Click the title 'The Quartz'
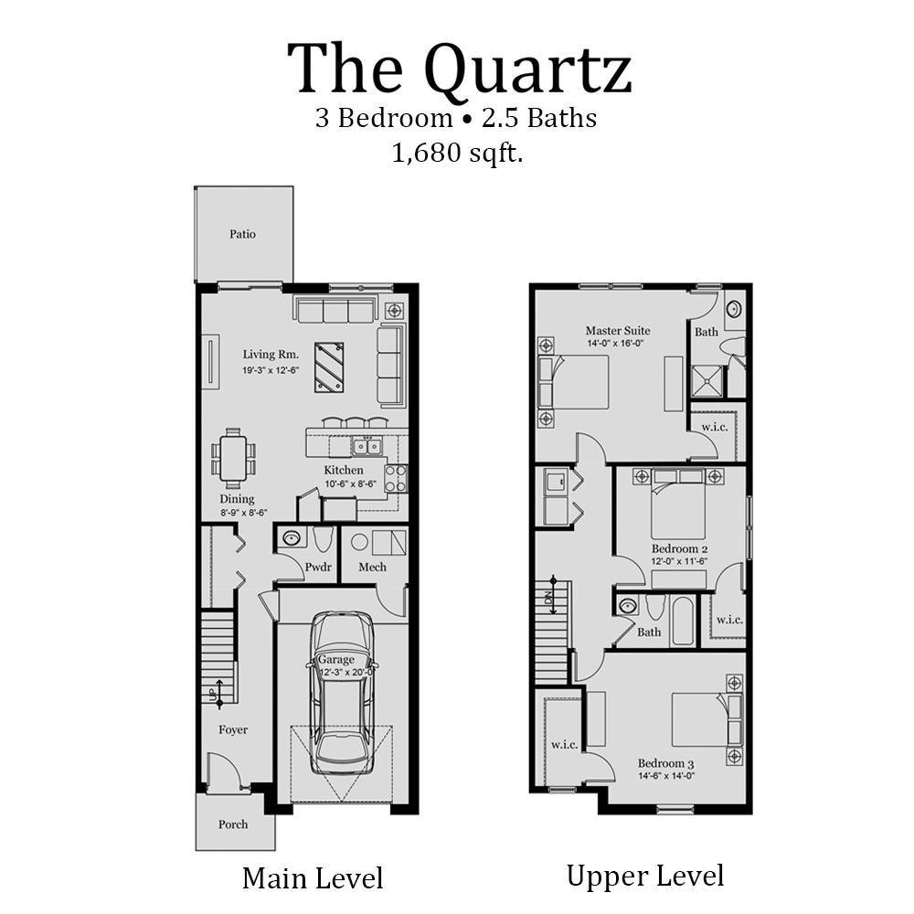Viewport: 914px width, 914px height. [x=460, y=69]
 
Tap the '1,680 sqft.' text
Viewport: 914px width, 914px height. [x=457, y=153]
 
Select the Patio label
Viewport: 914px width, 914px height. [x=242, y=234]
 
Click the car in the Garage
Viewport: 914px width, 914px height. [x=342, y=695]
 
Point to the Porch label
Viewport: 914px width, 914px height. [x=233, y=824]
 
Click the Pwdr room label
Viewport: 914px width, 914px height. [x=318, y=567]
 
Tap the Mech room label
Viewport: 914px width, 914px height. [x=372, y=567]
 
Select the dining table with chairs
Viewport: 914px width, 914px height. [x=233, y=454]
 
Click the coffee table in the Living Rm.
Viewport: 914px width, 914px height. [x=329, y=367]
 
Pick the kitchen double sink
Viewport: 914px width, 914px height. [x=367, y=446]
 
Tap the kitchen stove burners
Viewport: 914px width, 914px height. [x=396, y=478]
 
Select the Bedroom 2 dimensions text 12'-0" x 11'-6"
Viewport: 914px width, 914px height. [x=680, y=560]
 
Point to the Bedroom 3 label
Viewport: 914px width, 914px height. [x=666, y=763]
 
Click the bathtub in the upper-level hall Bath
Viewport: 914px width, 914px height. [x=682, y=621]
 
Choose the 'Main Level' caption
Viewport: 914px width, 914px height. [x=313, y=878]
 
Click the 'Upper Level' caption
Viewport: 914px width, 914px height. [x=645, y=876]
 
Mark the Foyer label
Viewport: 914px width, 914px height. [x=232, y=729]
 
